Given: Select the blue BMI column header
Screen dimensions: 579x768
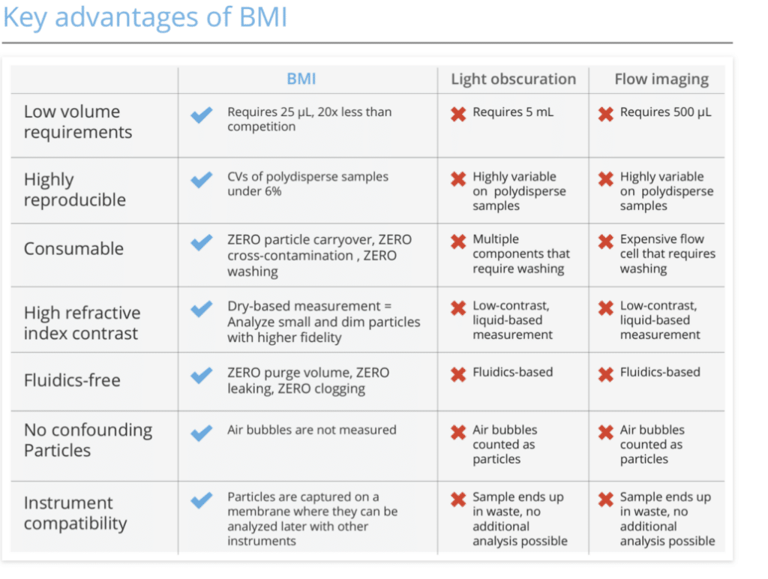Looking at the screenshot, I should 301,79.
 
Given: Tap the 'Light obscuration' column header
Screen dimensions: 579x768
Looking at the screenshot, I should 513,79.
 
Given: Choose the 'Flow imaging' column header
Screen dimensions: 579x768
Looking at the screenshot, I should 661,79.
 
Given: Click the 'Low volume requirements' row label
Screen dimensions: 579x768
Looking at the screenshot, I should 77,122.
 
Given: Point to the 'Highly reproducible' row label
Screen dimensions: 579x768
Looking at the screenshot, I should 74,190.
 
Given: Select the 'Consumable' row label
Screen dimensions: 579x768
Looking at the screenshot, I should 73,249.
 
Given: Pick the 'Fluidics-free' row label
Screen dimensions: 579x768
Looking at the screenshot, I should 72,380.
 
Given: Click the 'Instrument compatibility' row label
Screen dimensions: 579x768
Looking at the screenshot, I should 75,513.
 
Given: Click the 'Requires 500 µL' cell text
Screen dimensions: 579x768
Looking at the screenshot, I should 665,112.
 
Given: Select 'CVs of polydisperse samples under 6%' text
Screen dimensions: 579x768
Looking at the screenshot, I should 307,184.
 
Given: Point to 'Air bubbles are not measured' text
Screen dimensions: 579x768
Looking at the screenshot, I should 311,430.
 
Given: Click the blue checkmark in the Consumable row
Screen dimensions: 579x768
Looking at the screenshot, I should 201,242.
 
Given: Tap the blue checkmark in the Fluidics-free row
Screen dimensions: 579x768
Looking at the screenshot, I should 201,375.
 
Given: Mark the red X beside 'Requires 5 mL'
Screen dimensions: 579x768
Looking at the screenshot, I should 457,114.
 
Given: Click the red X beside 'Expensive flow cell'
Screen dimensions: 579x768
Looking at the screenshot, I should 605,241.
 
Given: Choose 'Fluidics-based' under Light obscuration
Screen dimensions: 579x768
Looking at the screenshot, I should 512,372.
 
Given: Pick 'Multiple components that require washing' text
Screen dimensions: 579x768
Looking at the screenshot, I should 520,253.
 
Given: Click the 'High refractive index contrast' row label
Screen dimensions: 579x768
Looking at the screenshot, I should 82,322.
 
